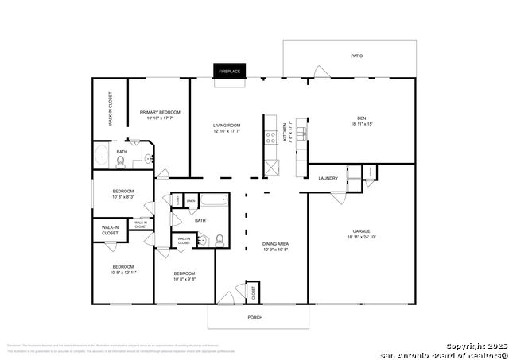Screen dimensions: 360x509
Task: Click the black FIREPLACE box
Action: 229,71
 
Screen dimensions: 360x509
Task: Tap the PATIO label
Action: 357,56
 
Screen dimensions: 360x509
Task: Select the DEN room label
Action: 361,118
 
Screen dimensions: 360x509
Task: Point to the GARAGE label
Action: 362,231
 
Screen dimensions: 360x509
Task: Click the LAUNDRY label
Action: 328,178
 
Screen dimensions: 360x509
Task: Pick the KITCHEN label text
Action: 286,132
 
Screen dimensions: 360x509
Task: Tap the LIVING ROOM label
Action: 227,126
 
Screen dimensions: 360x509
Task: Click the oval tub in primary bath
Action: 102,154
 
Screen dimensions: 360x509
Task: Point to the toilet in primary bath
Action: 120,162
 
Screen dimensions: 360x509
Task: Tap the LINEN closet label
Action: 191,202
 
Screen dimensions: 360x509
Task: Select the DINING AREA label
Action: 275,244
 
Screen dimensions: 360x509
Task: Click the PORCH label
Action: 254,317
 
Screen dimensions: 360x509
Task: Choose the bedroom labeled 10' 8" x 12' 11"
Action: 122,269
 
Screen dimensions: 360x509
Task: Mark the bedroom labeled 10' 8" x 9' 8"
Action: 185,276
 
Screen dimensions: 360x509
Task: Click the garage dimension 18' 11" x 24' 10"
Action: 362,237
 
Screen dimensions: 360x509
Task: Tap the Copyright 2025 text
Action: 475,346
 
